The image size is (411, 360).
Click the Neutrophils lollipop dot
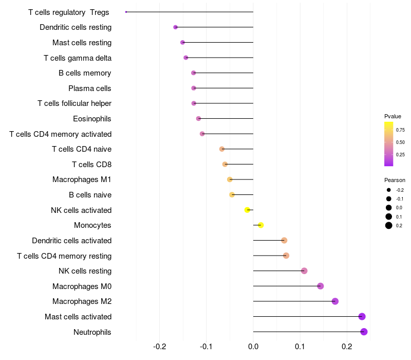[364, 332]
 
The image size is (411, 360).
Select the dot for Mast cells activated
[362, 317]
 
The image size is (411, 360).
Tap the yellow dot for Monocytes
[261, 225]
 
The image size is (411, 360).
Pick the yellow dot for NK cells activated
[247, 210]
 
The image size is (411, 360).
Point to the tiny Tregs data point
[126, 12]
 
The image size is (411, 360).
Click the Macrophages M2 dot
[335, 301]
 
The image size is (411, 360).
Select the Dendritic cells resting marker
[175, 27]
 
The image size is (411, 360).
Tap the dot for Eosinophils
[198, 119]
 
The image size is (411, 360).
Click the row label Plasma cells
[90, 88]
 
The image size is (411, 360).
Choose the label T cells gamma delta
[78, 58]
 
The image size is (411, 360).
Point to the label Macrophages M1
[82, 179]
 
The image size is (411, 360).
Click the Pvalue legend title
[393, 116]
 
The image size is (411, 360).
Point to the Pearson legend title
[395, 180]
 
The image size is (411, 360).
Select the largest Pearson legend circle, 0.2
[389, 225]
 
